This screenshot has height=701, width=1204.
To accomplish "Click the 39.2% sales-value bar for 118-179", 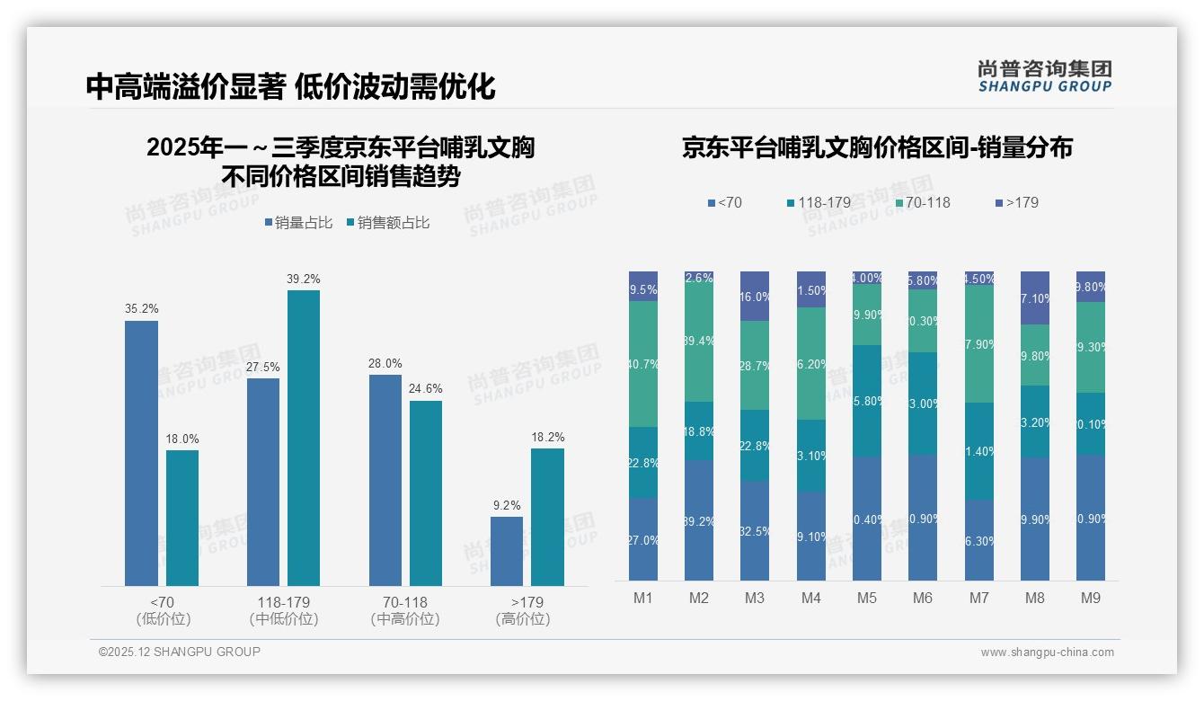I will pos(304,438).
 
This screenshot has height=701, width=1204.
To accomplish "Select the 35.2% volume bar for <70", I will pos(141,453).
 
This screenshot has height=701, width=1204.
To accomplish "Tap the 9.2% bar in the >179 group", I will pos(507,551).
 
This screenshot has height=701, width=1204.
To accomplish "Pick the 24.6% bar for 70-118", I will pos(426,493).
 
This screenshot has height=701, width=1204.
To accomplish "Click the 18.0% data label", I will pos(182,439).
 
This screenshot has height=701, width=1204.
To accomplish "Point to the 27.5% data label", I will pos(263,367).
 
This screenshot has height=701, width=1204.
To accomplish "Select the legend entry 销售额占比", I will pos(387,223).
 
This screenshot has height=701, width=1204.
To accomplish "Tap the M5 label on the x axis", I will pos(866,598).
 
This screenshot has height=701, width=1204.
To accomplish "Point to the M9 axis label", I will pos(1090,598).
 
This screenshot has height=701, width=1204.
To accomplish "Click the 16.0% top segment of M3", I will pos(755,296).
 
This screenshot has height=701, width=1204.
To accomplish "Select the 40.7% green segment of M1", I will pos(643,364).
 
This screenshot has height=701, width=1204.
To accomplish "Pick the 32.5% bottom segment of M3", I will pos(755,530).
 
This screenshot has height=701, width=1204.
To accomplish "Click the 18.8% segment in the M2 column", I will pos(699,431).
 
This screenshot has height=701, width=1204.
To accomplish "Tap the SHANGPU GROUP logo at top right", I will pos(1044,76).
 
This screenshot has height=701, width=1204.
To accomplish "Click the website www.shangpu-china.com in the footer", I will pos(1047,652).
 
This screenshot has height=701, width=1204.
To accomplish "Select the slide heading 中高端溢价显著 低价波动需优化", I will pos(291,87).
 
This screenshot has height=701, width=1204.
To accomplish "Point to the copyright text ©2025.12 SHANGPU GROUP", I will pos(180,652).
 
